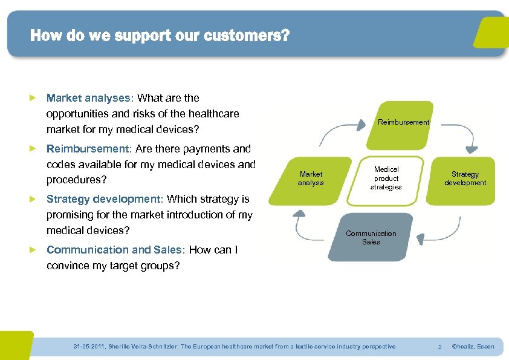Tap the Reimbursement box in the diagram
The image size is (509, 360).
pos(403,122)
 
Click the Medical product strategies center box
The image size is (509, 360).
pos(386,178)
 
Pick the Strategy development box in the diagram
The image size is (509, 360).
pos(465,178)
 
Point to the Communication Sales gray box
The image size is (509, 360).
pos(371,237)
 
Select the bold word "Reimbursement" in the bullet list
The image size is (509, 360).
pos(88,149)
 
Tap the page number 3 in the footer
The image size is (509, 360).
pos(439,347)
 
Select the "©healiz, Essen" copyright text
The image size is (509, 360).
pos(473,347)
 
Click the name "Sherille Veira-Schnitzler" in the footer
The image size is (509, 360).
pos(144,347)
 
